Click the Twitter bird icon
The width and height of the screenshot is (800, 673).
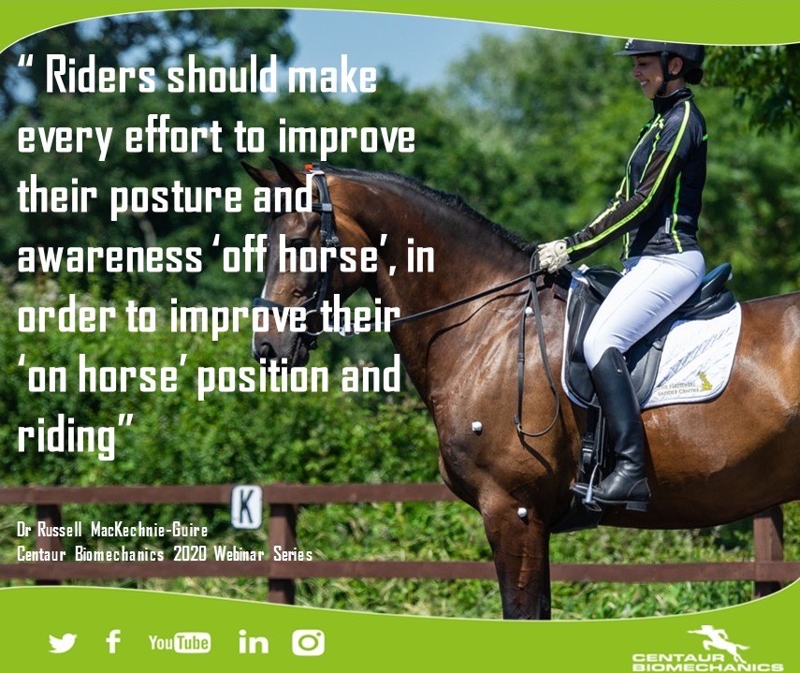pos(63,643)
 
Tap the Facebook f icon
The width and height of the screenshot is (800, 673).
pos(113,641)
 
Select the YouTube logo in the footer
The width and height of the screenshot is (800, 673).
pos(179,642)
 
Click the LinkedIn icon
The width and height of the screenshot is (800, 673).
pos(253,642)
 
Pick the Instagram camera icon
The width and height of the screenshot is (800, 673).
pos(308,642)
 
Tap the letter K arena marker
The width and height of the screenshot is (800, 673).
pos(247,506)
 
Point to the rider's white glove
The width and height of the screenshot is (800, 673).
pos(553,255)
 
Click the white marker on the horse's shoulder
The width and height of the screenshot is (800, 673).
pos(477,427)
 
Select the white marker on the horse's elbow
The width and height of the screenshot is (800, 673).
pos(522,512)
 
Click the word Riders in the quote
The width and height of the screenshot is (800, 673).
pos(100,77)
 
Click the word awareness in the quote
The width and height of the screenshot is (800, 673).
pos(109,256)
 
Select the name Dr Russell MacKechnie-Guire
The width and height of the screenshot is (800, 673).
pos(112,530)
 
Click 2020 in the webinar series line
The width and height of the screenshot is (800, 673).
pos(190,554)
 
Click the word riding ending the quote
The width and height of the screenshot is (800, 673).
pos(66,438)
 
